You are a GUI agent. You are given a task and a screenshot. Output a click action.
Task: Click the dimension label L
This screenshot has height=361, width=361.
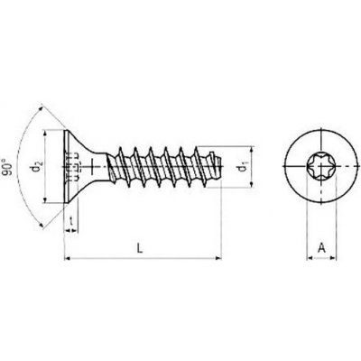click(140, 248)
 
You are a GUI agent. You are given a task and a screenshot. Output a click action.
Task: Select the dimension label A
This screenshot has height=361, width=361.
click(321, 248)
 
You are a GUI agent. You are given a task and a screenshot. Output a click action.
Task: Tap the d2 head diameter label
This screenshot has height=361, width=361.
click(38, 166)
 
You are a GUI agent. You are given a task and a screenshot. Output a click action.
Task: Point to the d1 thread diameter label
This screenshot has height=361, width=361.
click(242, 168)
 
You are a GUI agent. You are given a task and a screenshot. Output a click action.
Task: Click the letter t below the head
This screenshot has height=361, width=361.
click(71, 221)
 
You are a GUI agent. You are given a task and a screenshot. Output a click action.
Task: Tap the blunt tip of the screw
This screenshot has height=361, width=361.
click(220, 166)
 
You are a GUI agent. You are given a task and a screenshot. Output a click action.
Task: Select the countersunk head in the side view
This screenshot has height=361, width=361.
click(80, 166)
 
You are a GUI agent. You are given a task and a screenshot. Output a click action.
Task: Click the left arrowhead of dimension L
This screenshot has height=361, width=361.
click(68, 258)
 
